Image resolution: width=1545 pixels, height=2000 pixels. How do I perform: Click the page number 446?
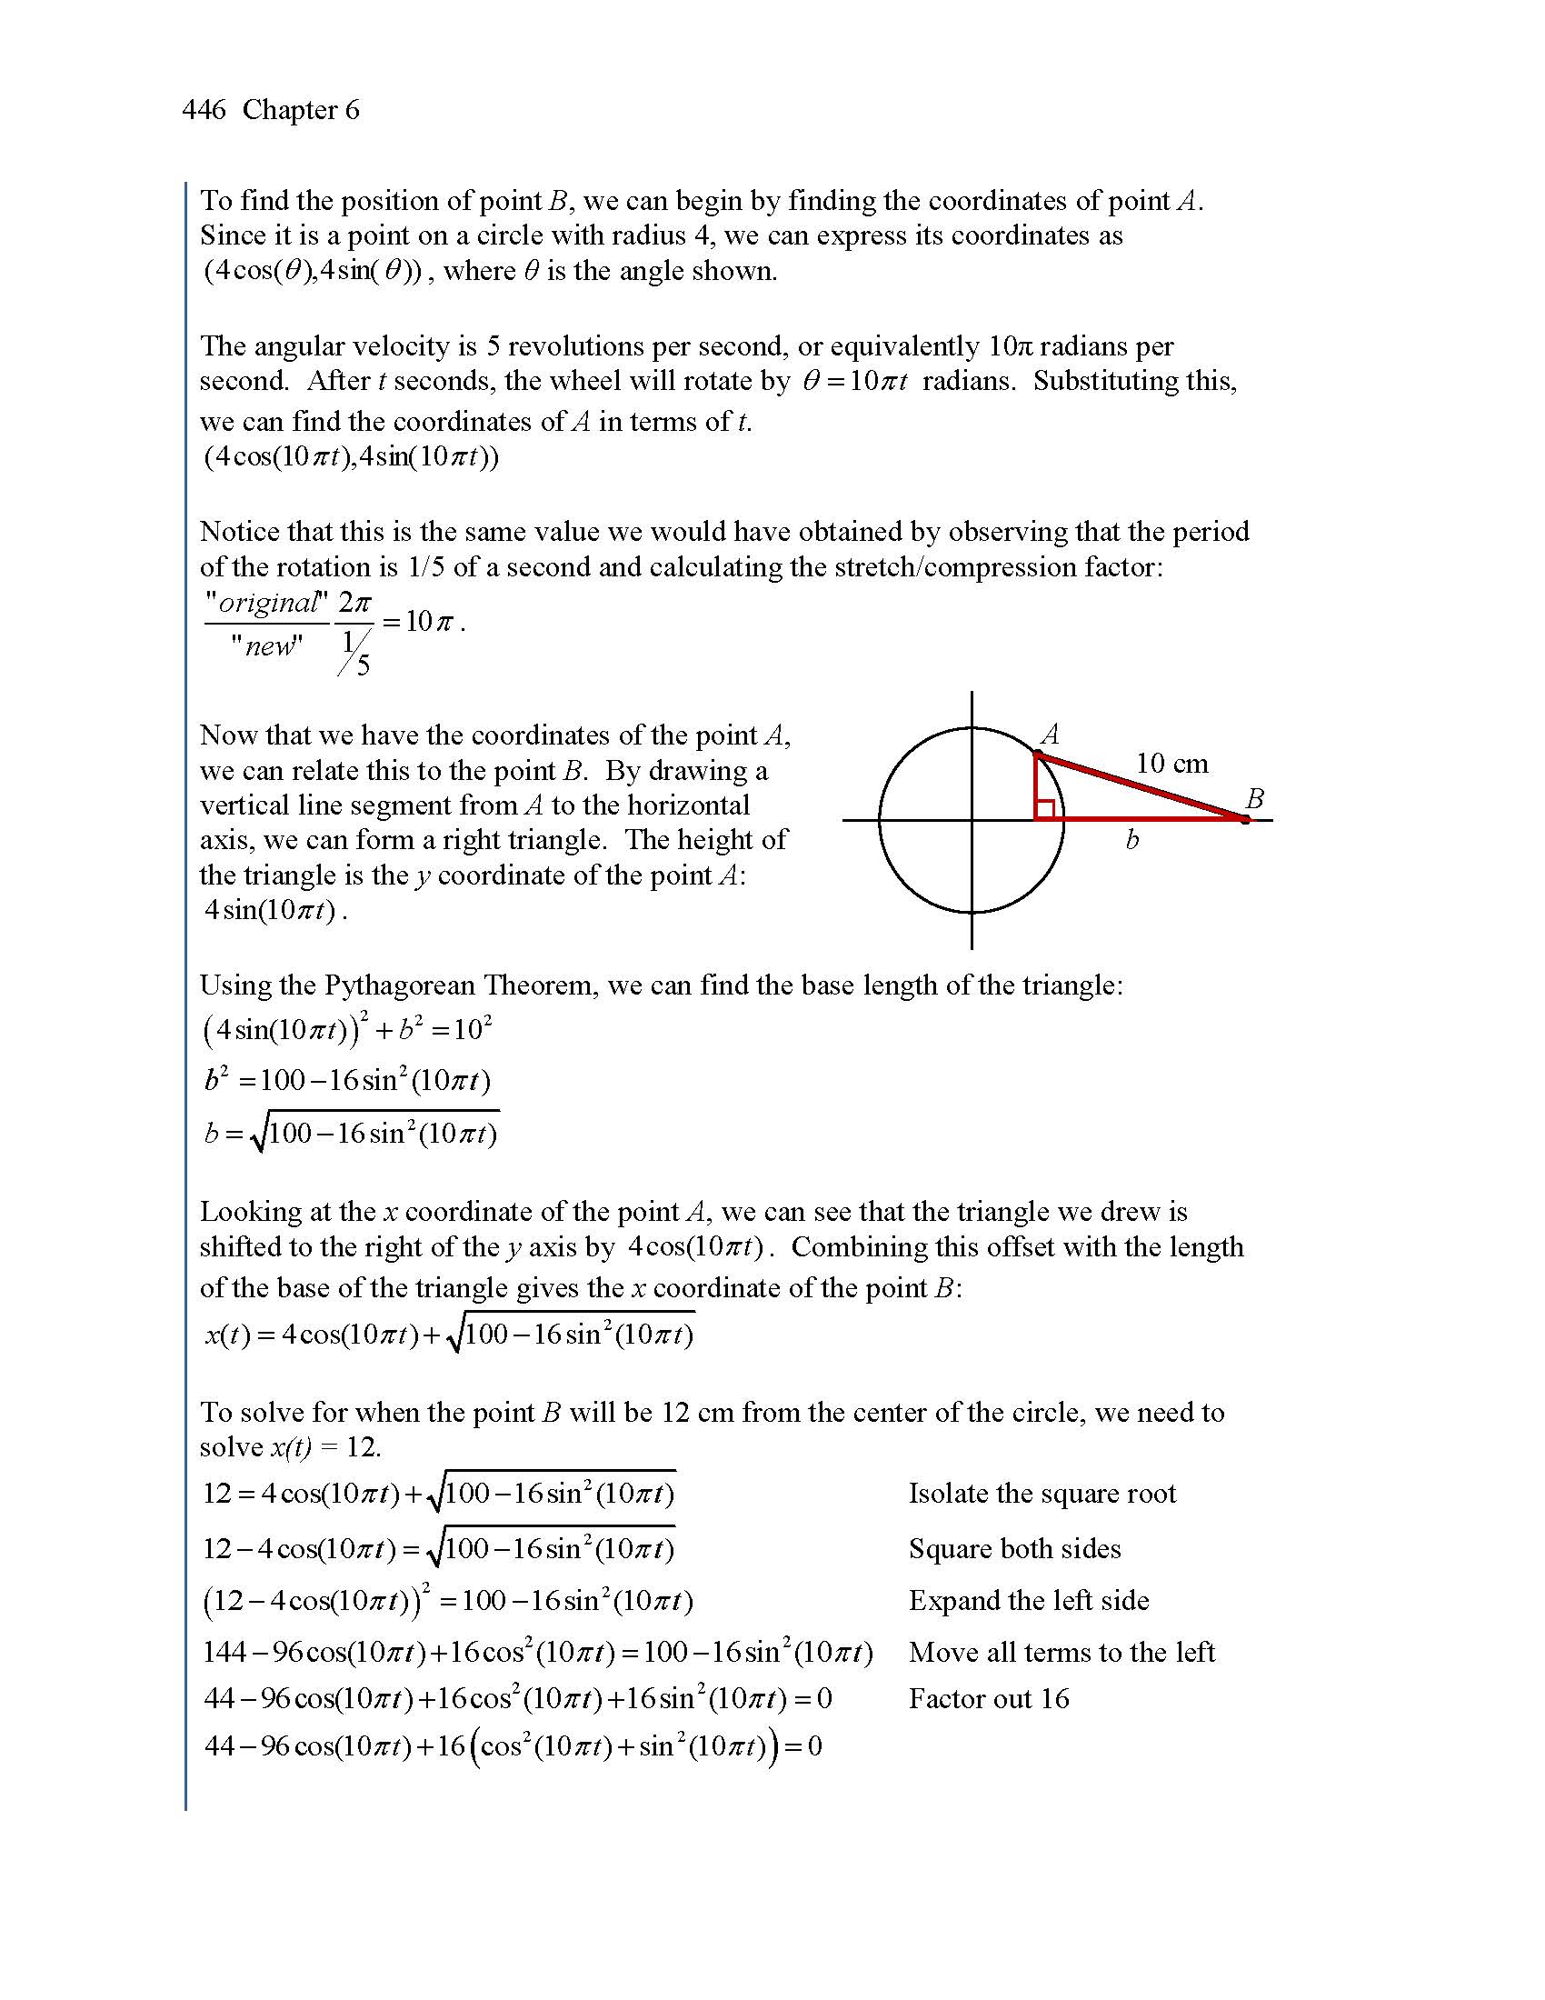coord(204,111)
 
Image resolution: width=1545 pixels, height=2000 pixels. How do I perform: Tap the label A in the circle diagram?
coord(1050,734)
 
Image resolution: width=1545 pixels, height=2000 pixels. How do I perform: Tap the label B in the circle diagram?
coord(1254,798)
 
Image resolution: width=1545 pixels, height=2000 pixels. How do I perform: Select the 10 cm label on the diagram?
coord(1171,763)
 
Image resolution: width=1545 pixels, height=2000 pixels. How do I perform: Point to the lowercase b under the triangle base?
coord(1132,840)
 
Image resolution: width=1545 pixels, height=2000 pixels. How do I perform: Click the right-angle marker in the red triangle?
coord(1045,809)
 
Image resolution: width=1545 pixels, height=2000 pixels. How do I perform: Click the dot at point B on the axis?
coord(1245,820)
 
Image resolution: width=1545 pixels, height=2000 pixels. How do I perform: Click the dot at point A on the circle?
coord(1037,755)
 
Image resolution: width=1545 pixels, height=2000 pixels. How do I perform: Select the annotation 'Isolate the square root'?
coord(1042,1494)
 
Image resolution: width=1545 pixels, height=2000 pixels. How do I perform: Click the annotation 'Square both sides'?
coord(1014,1548)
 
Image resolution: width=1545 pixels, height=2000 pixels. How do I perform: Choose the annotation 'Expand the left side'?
coord(1028,1601)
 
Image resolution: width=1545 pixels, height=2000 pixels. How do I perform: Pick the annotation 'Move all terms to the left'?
coord(1061,1652)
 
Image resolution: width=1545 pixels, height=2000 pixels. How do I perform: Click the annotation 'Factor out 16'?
coord(989,1699)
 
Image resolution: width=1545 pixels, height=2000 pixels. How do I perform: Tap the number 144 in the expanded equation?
coord(224,1653)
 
